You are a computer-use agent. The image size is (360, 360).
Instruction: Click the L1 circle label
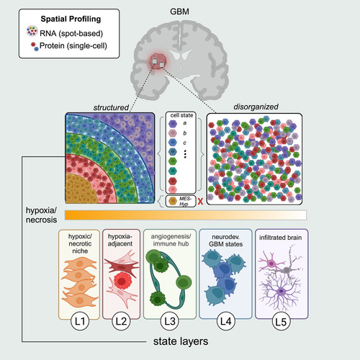pos(80,321)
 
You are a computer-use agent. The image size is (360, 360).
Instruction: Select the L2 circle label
pos(121,321)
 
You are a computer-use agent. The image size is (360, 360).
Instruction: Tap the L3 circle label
pos(170,321)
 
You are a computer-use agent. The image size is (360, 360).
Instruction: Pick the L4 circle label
pos(225,321)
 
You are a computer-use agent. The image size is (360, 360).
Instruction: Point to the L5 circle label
pos(281,322)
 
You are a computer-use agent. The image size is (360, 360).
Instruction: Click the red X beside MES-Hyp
pos(200,202)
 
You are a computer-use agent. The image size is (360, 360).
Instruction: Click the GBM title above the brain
pos(179,12)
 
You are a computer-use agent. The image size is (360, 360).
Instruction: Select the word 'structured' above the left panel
pos(111,107)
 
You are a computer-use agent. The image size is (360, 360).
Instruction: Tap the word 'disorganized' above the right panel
pos(256,107)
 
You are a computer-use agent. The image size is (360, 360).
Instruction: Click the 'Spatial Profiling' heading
pos(71,19)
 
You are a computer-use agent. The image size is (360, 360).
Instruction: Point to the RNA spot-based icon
pos(32,31)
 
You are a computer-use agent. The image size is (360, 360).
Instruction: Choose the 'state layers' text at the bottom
pos(181,341)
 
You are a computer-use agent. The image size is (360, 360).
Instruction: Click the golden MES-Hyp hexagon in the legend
pos(173,201)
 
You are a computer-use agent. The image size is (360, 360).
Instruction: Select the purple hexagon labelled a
pos(173,124)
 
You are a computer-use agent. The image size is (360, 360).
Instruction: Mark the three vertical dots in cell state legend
pos(185,154)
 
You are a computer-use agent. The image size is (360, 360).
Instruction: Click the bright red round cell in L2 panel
pos(122,280)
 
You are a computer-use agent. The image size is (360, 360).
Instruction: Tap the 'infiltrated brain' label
pos(280,238)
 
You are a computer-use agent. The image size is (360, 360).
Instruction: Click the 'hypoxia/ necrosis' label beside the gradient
pos(41,215)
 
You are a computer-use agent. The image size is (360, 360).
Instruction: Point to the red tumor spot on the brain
pos(158,61)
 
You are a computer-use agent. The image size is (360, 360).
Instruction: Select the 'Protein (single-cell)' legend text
pos(73,45)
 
